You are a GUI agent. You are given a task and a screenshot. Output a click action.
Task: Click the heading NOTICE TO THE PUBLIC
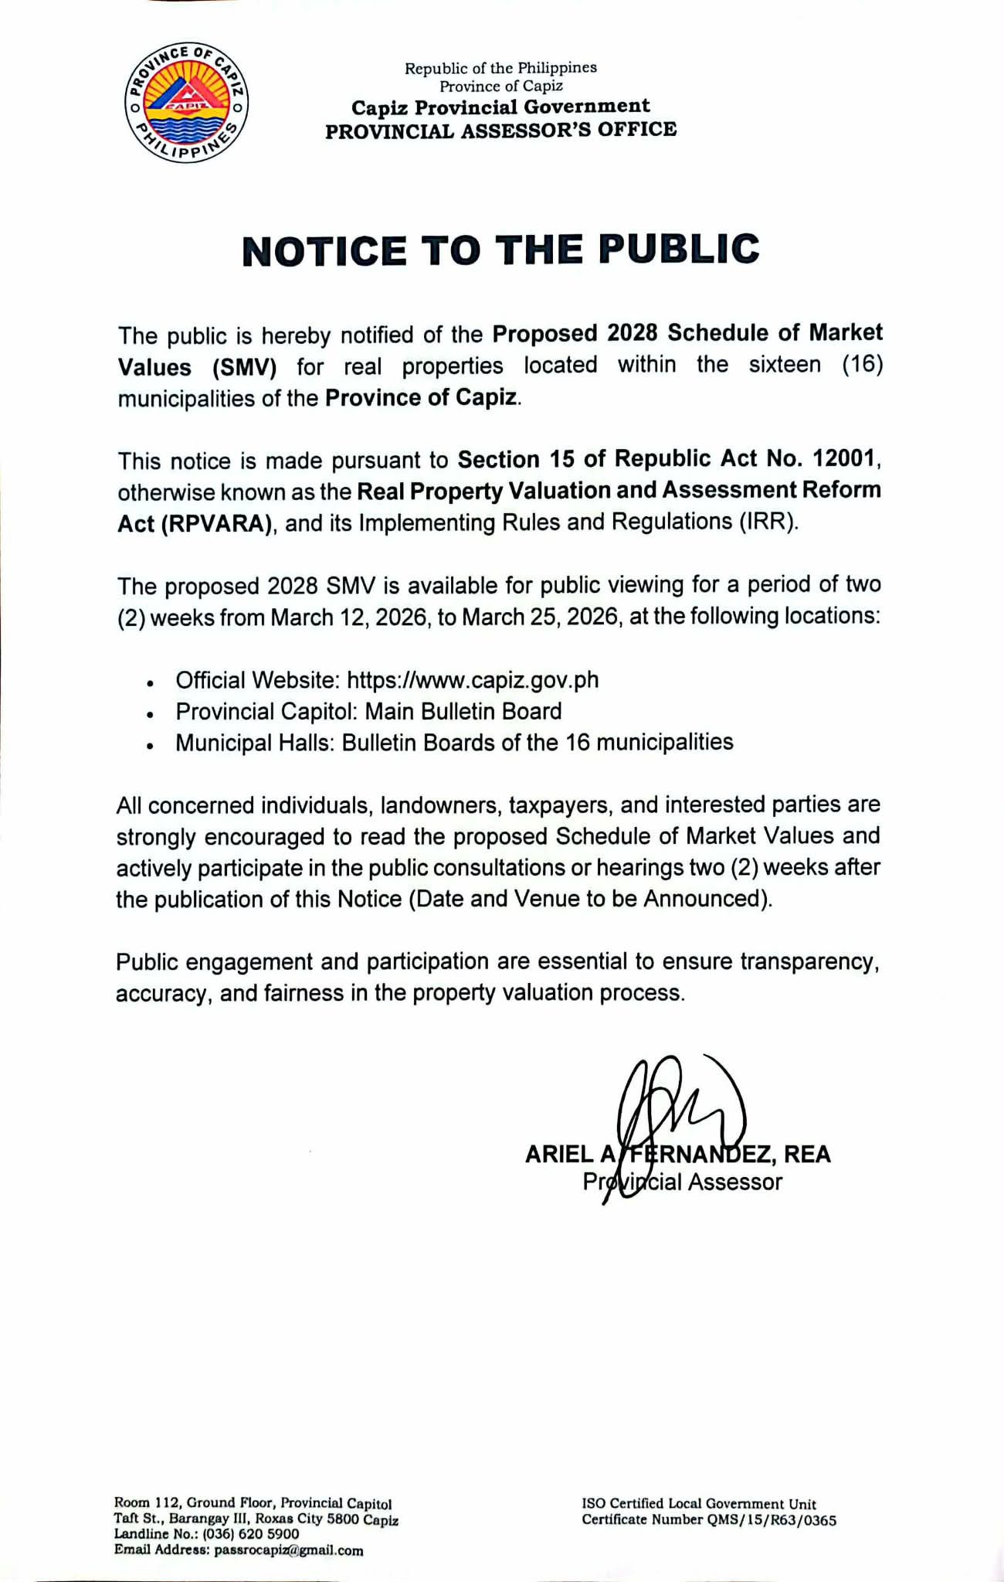click(x=501, y=250)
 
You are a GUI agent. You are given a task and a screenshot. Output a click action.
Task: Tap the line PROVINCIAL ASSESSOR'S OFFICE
click(x=500, y=130)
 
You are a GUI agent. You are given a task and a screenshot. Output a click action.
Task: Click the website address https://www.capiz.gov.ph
click(x=473, y=680)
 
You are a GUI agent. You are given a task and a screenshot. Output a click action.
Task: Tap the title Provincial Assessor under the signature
click(x=683, y=1182)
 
